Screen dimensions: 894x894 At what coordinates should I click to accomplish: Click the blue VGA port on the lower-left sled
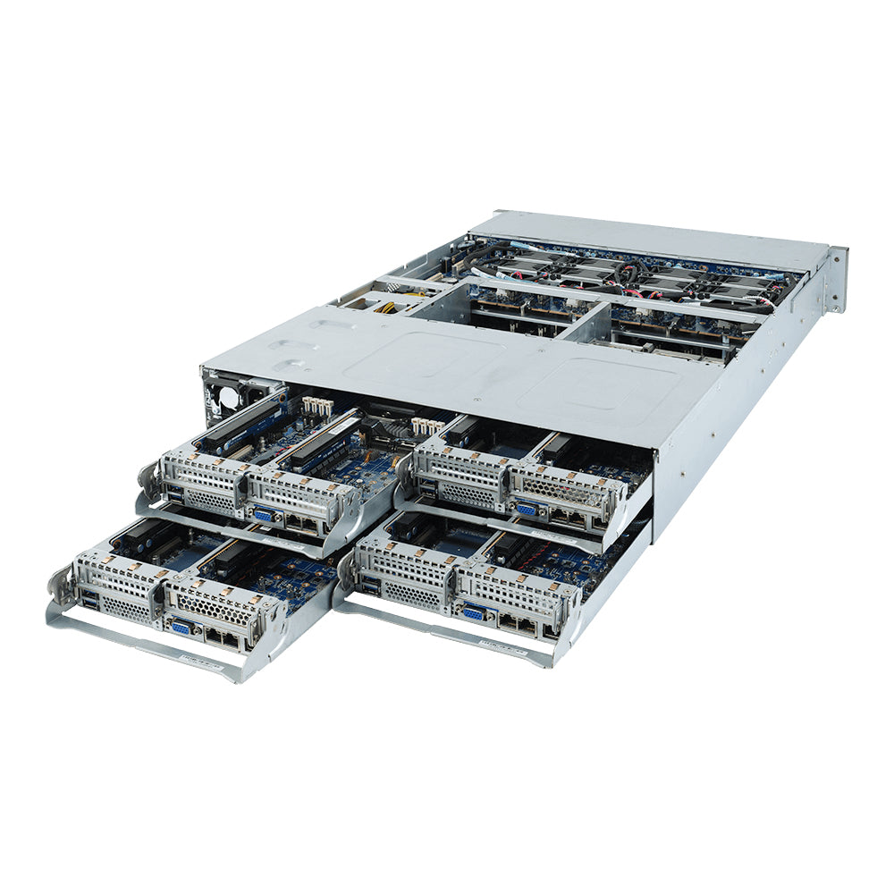tap(181, 628)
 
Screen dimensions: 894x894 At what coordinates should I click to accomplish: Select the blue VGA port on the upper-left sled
tap(263, 515)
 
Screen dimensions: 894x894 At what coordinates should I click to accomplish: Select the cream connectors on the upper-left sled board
tap(316, 408)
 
